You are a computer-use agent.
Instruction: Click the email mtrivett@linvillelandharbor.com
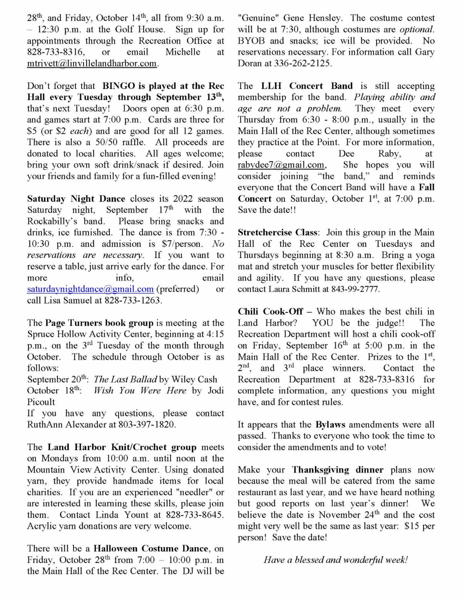tap(92, 64)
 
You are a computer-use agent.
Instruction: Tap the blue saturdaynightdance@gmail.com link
tap(90, 289)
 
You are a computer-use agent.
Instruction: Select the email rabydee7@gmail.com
tap(281, 165)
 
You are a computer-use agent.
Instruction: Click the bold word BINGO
tap(119, 86)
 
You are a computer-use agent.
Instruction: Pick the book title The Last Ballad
tap(126, 379)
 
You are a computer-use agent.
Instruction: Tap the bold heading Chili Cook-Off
tap(270, 312)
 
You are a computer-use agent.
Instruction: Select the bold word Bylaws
tap(330, 424)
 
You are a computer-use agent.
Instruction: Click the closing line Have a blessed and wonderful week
tap(335, 560)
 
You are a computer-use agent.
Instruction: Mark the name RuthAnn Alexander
tap(62, 424)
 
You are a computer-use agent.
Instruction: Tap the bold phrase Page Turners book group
tap(99, 323)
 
